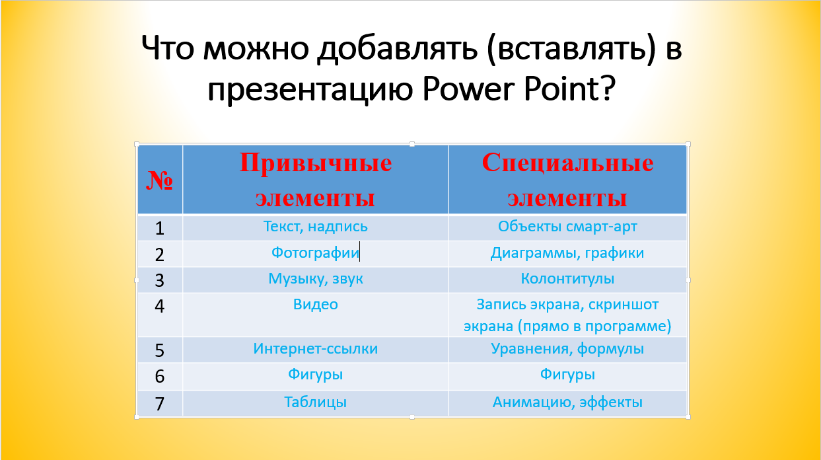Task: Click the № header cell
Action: (x=160, y=180)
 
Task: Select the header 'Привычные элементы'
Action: (x=316, y=180)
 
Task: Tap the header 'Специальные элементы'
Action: (x=567, y=180)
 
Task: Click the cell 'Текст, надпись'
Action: (x=316, y=227)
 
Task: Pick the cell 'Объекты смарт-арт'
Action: (x=567, y=227)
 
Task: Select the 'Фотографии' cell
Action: (x=315, y=252)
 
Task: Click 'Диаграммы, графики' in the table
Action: (x=567, y=253)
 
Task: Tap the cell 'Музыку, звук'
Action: (x=316, y=279)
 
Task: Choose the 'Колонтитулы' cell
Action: (x=567, y=279)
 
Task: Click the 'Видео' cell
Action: (x=316, y=305)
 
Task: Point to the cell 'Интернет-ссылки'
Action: (x=316, y=348)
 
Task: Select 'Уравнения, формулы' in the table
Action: (x=567, y=349)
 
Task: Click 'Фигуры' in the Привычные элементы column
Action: (x=316, y=375)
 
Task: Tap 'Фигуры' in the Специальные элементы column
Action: (x=567, y=375)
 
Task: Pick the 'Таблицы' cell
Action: (x=316, y=402)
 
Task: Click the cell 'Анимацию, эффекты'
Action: (x=567, y=402)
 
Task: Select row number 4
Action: (x=159, y=306)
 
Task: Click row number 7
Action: (x=159, y=404)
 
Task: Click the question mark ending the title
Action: (x=607, y=88)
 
